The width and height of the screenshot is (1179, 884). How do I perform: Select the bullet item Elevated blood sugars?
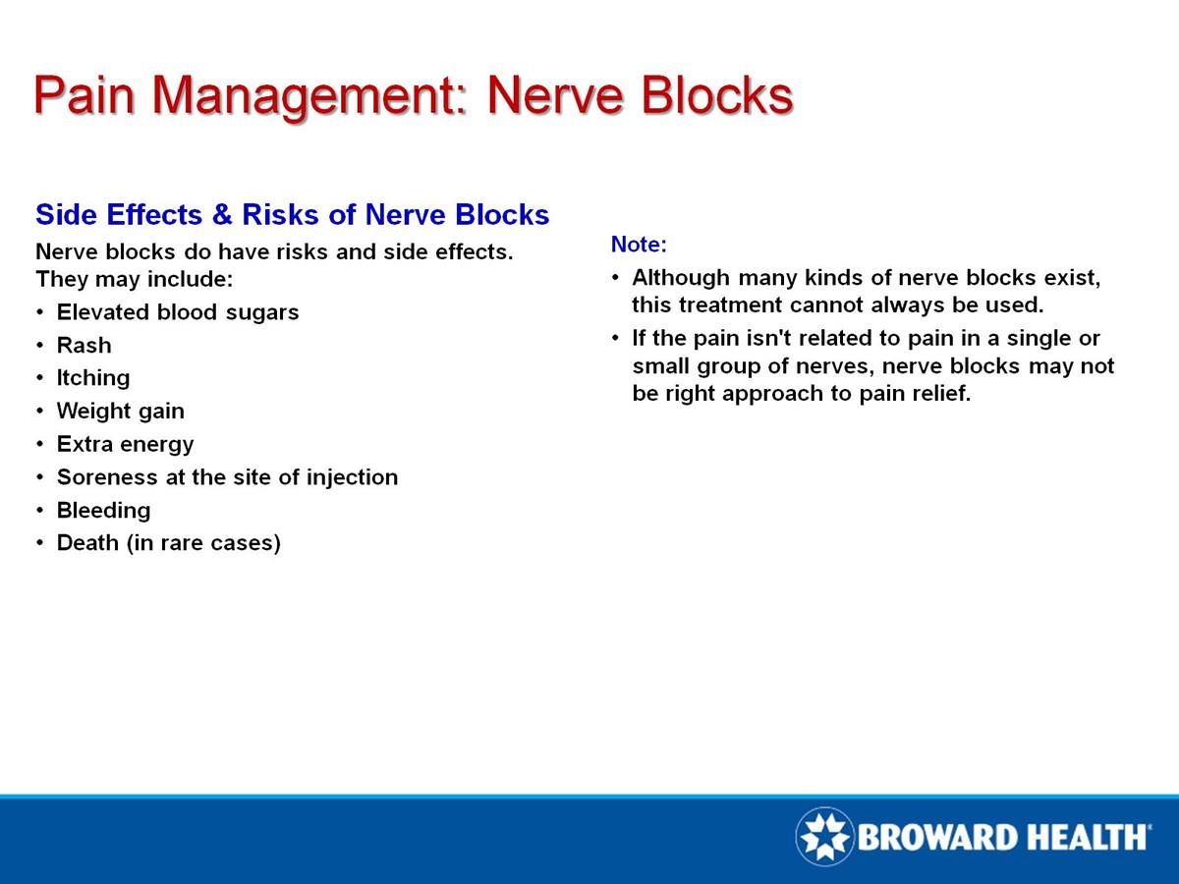(x=177, y=312)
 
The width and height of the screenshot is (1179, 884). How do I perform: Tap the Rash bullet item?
(x=84, y=346)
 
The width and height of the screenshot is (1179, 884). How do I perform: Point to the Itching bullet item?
(x=92, y=378)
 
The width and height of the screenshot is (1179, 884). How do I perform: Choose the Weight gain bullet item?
(x=120, y=411)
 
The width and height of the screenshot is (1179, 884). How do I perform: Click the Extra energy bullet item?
(x=125, y=444)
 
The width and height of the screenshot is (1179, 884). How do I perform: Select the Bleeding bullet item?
(x=103, y=511)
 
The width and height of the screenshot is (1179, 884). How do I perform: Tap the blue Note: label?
(x=639, y=244)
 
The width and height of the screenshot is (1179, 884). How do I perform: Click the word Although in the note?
(x=675, y=278)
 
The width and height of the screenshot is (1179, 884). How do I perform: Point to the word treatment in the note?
(x=719, y=304)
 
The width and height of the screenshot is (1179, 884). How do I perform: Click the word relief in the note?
(x=939, y=395)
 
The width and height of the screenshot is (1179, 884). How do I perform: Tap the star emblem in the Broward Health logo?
(x=824, y=837)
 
